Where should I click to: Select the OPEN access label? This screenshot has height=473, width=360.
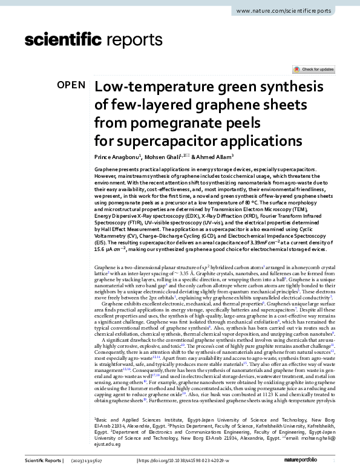point(71,85)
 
